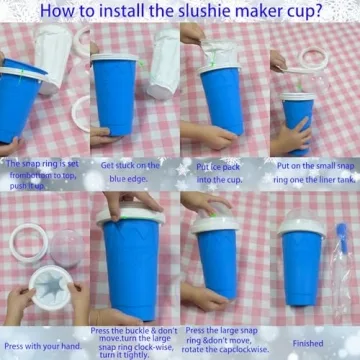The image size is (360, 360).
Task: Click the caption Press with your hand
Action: (41, 345)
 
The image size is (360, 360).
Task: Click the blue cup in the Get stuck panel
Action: (115, 95)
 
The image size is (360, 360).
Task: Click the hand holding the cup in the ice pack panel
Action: (205, 134)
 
